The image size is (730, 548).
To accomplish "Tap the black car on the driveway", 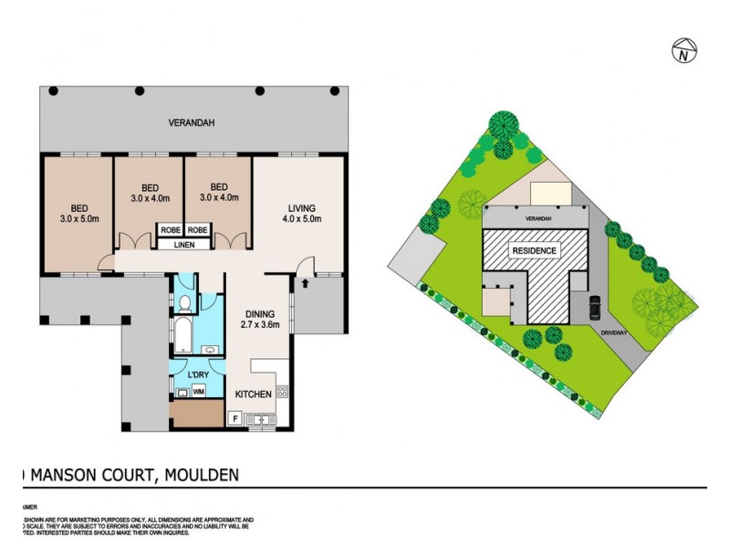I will (x=595, y=307).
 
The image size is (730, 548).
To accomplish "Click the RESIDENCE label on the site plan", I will (x=534, y=249).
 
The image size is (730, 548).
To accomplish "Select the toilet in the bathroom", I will (x=184, y=302).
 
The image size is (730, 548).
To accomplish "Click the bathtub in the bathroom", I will (x=181, y=337).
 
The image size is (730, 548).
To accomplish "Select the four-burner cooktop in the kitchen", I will (x=282, y=393).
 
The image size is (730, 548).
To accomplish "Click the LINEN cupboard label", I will (x=184, y=244).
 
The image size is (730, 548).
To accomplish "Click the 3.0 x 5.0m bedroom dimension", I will (x=78, y=218).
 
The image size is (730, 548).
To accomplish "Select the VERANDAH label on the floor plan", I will (x=192, y=123).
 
